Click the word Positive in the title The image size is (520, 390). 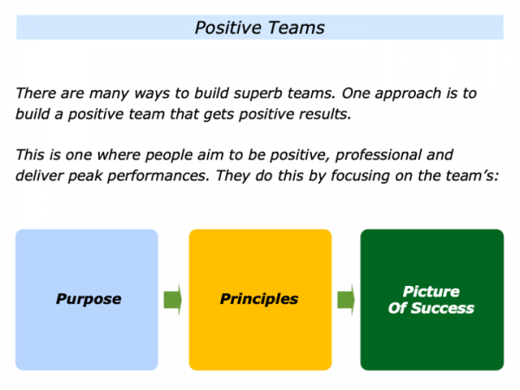click(x=226, y=28)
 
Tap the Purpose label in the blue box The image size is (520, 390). click(x=88, y=299)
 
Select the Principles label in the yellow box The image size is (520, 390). click(x=259, y=299)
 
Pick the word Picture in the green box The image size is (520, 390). click(x=432, y=291)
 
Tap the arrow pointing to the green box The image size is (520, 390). click(x=346, y=300)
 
